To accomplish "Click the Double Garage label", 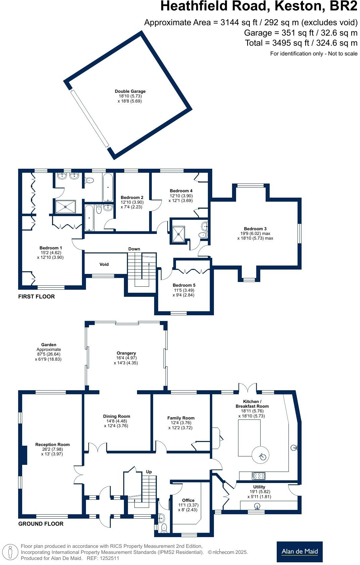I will pos(130,91).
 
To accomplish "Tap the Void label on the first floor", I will pos(104,264).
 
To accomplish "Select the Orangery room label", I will pos(126,353).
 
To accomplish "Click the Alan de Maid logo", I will pos(299,552).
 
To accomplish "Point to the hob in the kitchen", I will pos(259,476).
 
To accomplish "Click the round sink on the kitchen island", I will pos(262,456).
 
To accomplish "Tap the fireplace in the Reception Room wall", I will pos(24,455).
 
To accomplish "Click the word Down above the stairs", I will pos(134,249).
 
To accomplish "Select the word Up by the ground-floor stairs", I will pos(149,472).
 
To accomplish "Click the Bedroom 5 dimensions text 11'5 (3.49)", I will pos(184,290).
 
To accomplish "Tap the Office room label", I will pos(188,500).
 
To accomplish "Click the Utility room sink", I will pos(258,506).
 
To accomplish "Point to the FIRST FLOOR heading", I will pos(36,296).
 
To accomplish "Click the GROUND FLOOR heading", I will pos(41,524).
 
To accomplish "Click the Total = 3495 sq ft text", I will pos(301,43).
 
